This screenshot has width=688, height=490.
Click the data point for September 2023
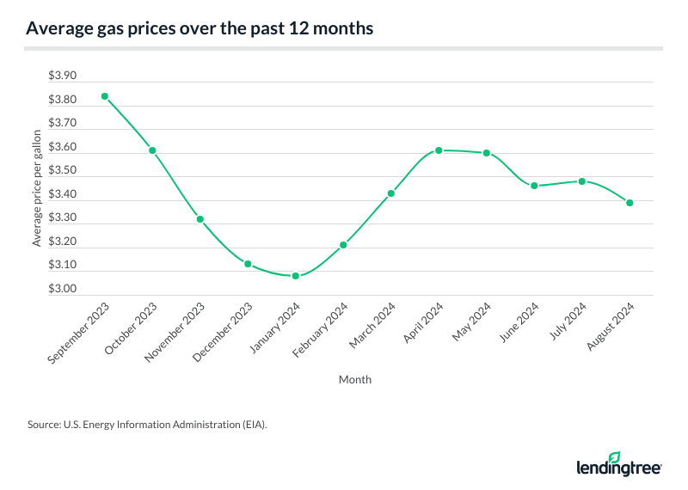coord(105,96)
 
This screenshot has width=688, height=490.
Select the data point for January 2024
coord(295,276)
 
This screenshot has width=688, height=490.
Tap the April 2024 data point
coord(439,150)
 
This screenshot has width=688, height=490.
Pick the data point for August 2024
coord(630,203)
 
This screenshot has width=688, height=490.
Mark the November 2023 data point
coord(200,219)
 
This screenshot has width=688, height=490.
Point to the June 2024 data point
coord(534,186)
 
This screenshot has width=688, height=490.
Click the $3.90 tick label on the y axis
coord(63,77)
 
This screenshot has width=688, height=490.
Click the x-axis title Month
coord(355,379)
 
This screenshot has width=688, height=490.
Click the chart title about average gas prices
coord(200,28)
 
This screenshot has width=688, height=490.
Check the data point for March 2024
coord(390,193)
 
